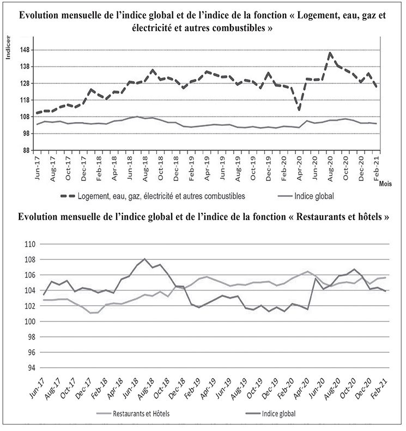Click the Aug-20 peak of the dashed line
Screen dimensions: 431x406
point(330,53)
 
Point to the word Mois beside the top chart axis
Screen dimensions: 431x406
point(385,184)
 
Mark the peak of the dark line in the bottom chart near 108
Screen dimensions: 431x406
point(144,259)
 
